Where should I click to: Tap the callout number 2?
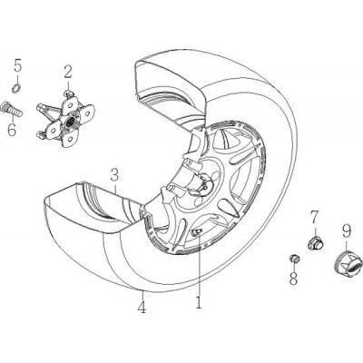click(x=67, y=73)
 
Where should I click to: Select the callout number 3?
click(x=114, y=175)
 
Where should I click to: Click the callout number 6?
click(x=12, y=130)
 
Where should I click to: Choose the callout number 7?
click(x=314, y=217)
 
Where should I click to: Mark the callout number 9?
click(x=347, y=231)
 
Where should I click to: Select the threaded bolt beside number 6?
click(x=12, y=109)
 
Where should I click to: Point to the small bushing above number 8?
click(x=294, y=259)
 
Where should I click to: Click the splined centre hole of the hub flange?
click(x=70, y=121)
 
